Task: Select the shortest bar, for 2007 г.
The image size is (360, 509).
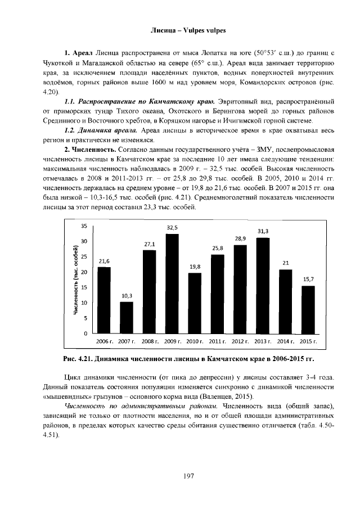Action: (127, 318)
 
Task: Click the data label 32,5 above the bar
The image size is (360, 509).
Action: (172, 227)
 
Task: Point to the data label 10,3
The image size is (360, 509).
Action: (127, 295)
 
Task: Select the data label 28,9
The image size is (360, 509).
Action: (240, 238)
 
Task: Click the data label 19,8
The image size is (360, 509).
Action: (195, 266)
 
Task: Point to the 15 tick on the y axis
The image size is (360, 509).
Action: (84, 287)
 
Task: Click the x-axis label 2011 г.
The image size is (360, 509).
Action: (217, 341)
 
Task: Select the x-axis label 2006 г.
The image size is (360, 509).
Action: (104, 341)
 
